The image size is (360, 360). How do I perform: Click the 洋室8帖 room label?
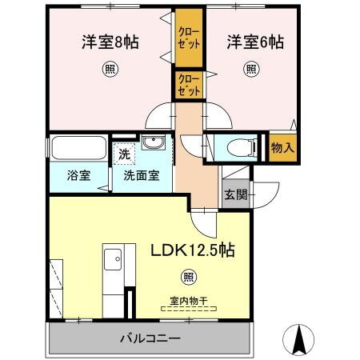(x=110, y=42)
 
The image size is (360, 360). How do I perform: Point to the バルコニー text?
(x=151, y=338)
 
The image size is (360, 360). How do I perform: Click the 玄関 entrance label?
(x=234, y=195)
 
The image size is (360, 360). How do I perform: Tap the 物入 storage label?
(x=282, y=148)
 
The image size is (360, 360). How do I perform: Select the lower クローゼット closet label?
(x=189, y=85)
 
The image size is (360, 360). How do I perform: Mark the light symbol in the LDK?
(x=188, y=278)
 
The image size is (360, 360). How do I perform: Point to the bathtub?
(x=78, y=150)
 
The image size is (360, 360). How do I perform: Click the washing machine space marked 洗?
(x=124, y=152)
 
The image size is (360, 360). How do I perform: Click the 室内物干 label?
(x=188, y=301)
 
